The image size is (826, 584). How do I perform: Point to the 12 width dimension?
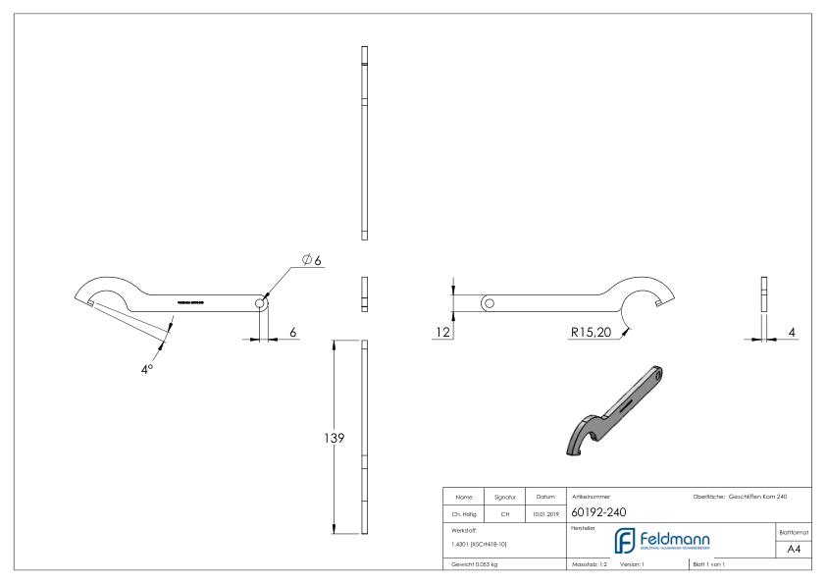442,333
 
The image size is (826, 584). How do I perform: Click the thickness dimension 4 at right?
791,333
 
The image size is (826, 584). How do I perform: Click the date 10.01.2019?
543,511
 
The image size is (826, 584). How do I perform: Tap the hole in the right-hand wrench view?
488,302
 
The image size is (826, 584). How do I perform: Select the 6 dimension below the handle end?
293,333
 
